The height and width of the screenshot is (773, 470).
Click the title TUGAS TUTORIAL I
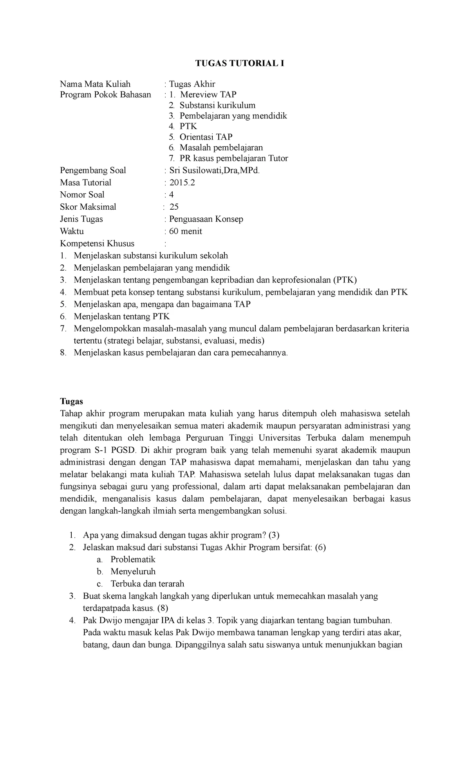(240, 64)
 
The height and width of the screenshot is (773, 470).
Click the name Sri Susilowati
(197, 170)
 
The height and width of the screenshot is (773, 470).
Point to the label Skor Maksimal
(88, 207)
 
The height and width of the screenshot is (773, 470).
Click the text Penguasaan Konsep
(206, 219)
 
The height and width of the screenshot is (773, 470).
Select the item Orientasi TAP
(206, 137)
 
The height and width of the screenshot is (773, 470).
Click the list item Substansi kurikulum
(217, 105)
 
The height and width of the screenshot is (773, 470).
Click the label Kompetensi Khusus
(97, 243)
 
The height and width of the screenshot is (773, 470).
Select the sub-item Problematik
(133, 559)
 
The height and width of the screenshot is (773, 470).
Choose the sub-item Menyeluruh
(133, 572)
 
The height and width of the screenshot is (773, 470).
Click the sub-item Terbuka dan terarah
(147, 584)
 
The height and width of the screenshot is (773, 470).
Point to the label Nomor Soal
(82, 194)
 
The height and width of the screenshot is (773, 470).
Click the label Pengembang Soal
(93, 170)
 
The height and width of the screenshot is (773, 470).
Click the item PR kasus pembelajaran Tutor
(234, 158)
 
